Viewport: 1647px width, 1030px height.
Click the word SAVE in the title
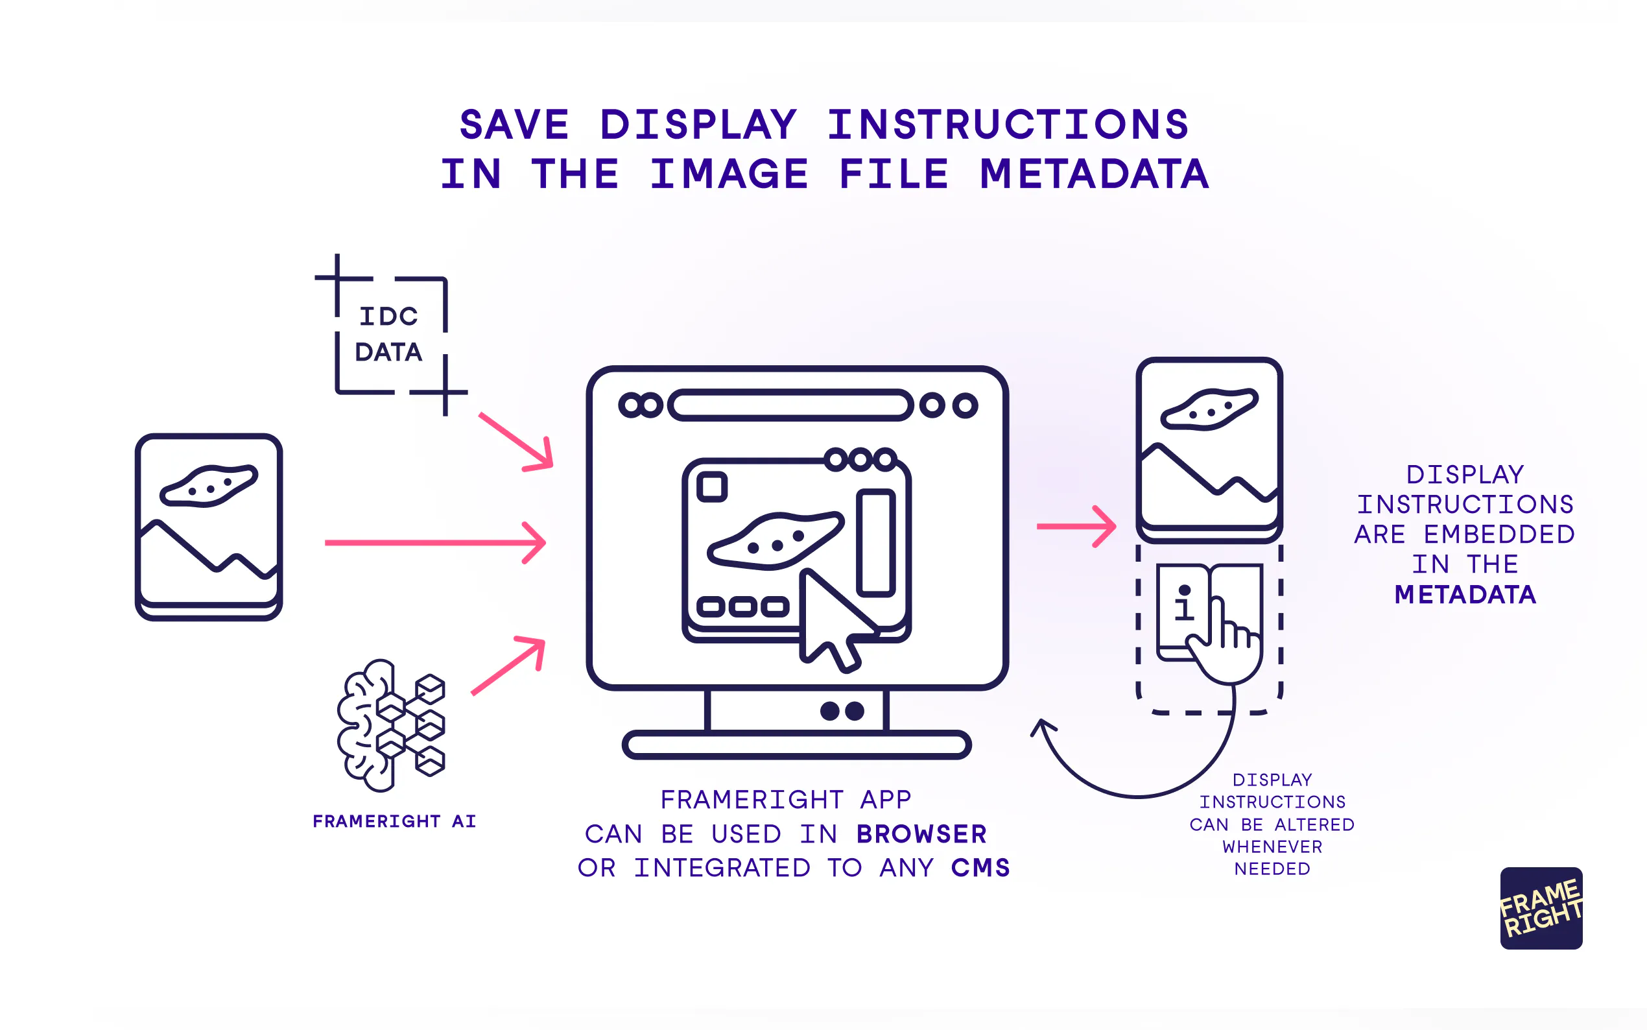tap(514, 125)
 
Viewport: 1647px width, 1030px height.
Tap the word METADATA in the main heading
tap(1095, 174)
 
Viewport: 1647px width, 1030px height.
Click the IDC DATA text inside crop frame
tap(389, 334)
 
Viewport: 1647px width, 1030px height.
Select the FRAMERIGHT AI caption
tap(394, 821)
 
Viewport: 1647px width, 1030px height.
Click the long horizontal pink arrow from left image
tap(436, 543)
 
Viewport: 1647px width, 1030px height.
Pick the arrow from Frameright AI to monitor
tap(508, 665)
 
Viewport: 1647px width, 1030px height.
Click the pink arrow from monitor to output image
tap(1076, 526)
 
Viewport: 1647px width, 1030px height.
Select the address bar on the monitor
tap(790, 405)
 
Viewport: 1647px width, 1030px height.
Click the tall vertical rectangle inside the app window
tap(875, 543)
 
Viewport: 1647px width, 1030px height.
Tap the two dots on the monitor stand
tap(842, 711)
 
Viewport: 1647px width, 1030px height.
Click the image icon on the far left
tap(209, 527)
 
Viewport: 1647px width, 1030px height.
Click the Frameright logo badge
tap(1541, 908)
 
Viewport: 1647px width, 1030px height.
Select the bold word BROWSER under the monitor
tap(921, 834)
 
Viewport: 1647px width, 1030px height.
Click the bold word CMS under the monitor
tap(980, 868)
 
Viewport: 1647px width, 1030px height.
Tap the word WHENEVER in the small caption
tap(1272, 846)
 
